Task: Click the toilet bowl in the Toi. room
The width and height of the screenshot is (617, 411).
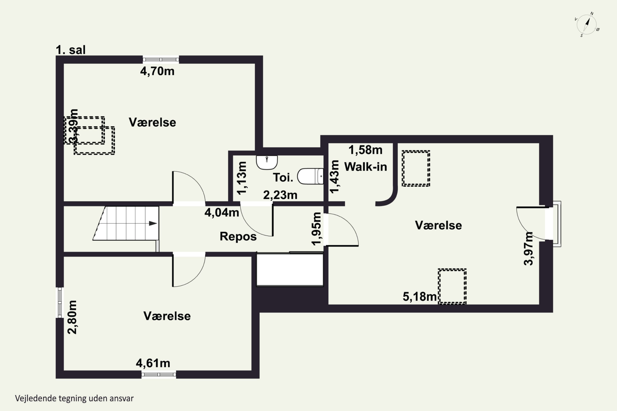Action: (310, 176)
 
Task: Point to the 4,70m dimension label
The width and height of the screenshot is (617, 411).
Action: (157, 71)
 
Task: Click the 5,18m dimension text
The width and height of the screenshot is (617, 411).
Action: (420, 297)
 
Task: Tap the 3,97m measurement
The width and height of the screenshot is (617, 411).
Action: (528, 248)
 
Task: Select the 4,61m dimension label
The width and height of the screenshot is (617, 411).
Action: (153, 363)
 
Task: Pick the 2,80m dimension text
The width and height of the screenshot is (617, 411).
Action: (72, 317)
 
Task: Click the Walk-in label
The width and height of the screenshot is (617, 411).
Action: (365, 167)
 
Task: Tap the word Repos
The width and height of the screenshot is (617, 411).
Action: (238, 237)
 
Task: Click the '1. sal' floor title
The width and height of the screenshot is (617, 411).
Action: (71, 50)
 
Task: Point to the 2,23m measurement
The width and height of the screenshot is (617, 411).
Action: (280, 195)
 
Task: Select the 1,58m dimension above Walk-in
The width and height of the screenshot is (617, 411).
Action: (365, 150)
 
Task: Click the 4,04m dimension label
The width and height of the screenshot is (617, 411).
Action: (222, 212)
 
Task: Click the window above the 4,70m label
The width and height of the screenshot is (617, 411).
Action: (161, 60)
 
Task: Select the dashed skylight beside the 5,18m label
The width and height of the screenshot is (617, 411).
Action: (452, 286)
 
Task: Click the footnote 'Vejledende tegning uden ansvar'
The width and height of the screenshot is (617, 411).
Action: (74, 398)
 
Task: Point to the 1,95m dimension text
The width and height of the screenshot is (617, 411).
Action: (316, 229)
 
